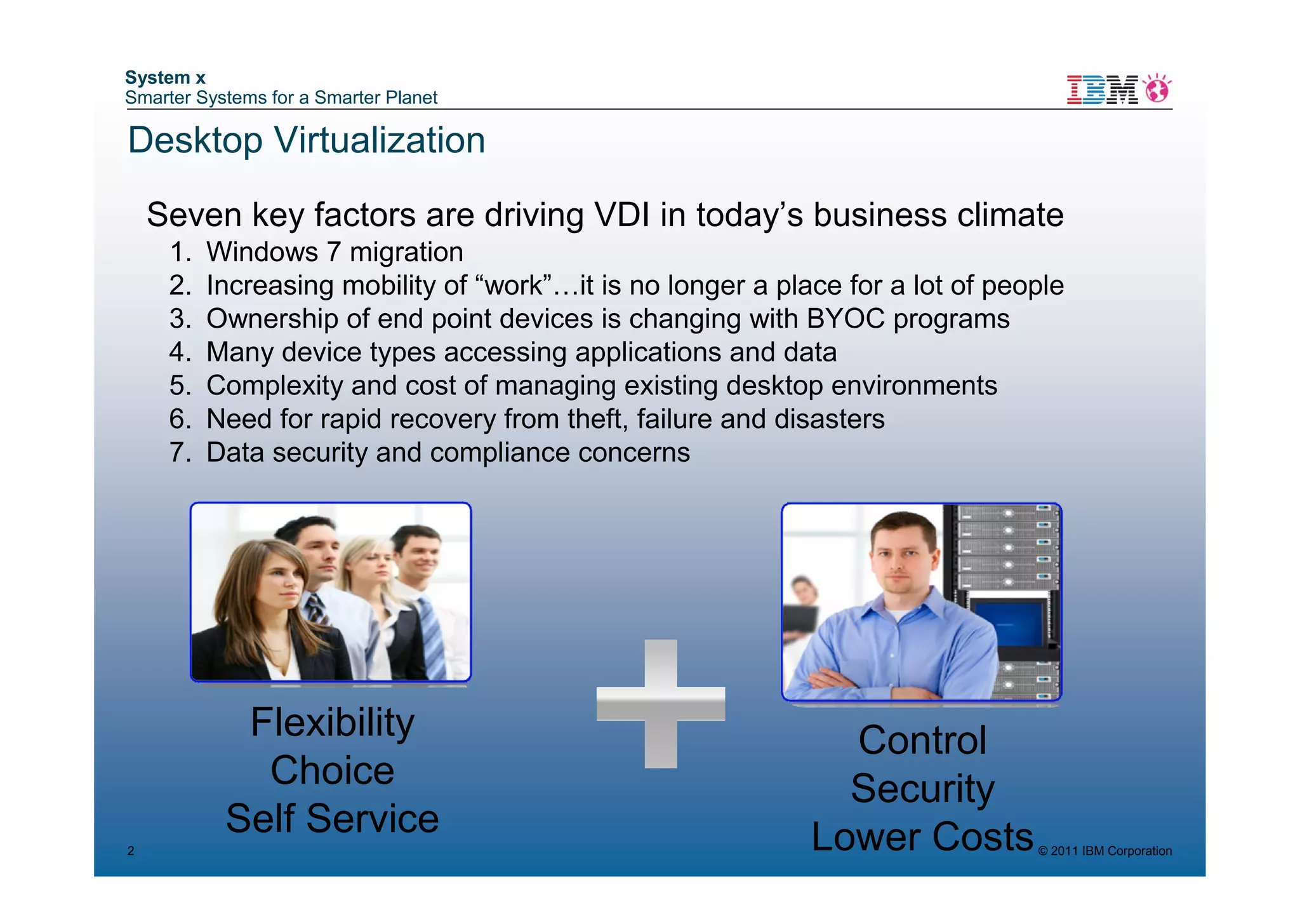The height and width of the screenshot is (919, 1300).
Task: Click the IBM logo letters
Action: pos(1102,90)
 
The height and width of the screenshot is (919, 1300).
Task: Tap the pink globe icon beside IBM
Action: pos(1158,89)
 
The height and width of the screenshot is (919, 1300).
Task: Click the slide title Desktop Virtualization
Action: pos(306,140)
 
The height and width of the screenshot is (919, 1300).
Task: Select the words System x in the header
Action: pos(165,77)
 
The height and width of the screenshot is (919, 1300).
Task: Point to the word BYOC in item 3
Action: pos(845,319)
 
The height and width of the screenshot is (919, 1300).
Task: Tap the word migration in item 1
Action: pos(406,252)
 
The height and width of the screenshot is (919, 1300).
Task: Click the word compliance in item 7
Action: pos(500,453)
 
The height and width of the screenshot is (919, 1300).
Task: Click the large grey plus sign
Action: pos(660,704)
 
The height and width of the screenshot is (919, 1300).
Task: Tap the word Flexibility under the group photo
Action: pos(332,722)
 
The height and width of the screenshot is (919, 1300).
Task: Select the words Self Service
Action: pos(332,818)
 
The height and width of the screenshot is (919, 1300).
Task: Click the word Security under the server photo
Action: pos(922,788)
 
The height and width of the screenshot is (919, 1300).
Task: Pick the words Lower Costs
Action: pos(922,836)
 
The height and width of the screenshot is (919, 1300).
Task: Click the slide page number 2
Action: pos(131,851)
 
